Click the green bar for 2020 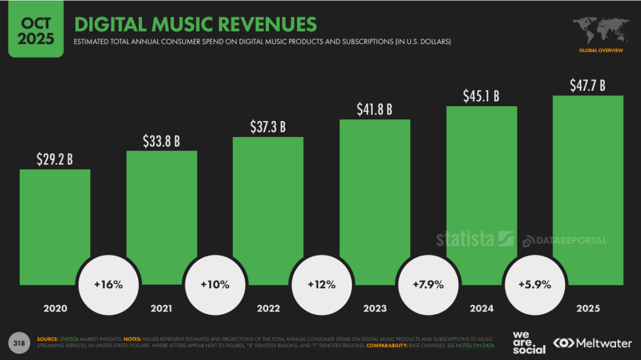(55, 225)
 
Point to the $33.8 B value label (161, 141)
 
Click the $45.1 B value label (481, 95)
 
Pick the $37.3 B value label (268, 126)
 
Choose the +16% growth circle (108, 284)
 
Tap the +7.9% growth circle (428, 284)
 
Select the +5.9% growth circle (535, 284)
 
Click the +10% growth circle (215, 284)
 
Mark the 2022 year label (268, 308)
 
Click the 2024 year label (481, 308)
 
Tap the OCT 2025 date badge (36, 30)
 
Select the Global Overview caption (601, 50)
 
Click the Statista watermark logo (474, 238)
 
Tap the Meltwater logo (592, 343)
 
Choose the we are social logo (529, 343)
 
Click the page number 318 (19, 343)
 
